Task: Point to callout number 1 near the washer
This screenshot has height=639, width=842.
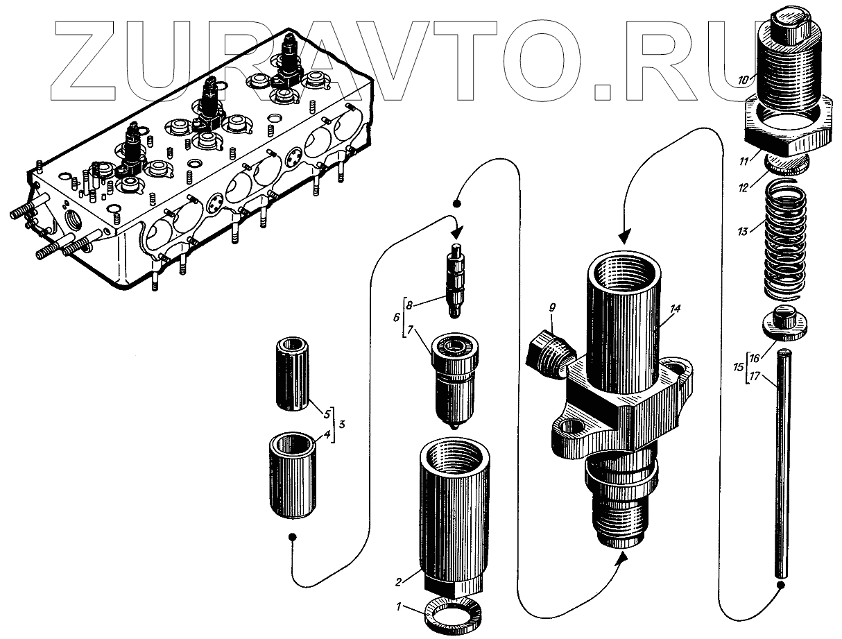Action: pyautogui.click(x=399, y=607)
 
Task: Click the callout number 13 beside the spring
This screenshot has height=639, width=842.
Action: pyautogui.click(x=743, y=232)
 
